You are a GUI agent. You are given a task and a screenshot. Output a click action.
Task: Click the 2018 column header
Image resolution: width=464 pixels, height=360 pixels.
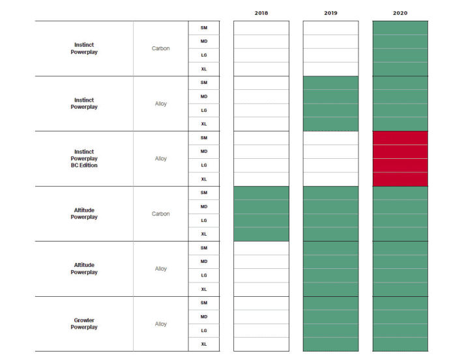[261, 13]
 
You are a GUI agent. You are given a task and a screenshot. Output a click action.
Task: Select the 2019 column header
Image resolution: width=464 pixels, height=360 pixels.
[330, 13]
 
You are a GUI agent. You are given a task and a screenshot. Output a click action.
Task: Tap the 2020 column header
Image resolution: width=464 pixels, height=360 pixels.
[400, 13]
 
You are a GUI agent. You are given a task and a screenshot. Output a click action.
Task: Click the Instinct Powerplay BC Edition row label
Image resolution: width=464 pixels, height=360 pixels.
[84, 158]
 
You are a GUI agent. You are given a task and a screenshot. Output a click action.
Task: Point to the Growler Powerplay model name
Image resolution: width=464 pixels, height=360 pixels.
[84, 324]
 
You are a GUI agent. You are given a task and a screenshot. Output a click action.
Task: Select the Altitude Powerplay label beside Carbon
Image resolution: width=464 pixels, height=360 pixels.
[84, 214]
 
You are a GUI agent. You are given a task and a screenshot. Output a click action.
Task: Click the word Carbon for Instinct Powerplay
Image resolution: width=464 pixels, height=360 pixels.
[161, 48]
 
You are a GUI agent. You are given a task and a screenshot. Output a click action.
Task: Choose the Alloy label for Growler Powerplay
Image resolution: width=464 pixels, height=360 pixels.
[161, 324]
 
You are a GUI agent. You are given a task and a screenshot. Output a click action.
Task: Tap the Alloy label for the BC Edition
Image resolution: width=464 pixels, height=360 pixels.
[161, 158]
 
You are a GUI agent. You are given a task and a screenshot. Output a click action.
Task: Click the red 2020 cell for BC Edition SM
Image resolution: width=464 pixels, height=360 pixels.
[400, 138]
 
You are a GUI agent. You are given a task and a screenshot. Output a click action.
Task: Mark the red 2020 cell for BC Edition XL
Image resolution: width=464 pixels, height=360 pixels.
[400, 179]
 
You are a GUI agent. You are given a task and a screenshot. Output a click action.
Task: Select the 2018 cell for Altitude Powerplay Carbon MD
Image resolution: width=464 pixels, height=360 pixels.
[261, 207]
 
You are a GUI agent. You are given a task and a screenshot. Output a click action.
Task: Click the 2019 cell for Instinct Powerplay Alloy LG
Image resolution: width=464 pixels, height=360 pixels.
[330, 111]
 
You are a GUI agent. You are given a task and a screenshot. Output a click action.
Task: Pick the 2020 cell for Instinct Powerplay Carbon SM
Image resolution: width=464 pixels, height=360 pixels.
[400, 28]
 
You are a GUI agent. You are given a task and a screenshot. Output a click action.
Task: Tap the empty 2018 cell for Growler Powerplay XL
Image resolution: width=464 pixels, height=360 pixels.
[261, 344]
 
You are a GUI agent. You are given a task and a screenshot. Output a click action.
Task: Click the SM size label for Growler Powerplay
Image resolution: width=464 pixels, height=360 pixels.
[204, 303]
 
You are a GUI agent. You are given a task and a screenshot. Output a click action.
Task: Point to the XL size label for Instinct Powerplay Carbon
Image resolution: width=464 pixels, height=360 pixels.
[204, 69]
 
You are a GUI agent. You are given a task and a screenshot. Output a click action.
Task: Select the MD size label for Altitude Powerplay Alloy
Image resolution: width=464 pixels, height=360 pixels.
[204, 262]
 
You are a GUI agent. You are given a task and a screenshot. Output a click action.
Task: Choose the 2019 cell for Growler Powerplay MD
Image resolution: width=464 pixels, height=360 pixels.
[330, 317]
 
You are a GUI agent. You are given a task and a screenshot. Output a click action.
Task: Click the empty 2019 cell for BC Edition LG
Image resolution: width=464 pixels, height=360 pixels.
[330, 165]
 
